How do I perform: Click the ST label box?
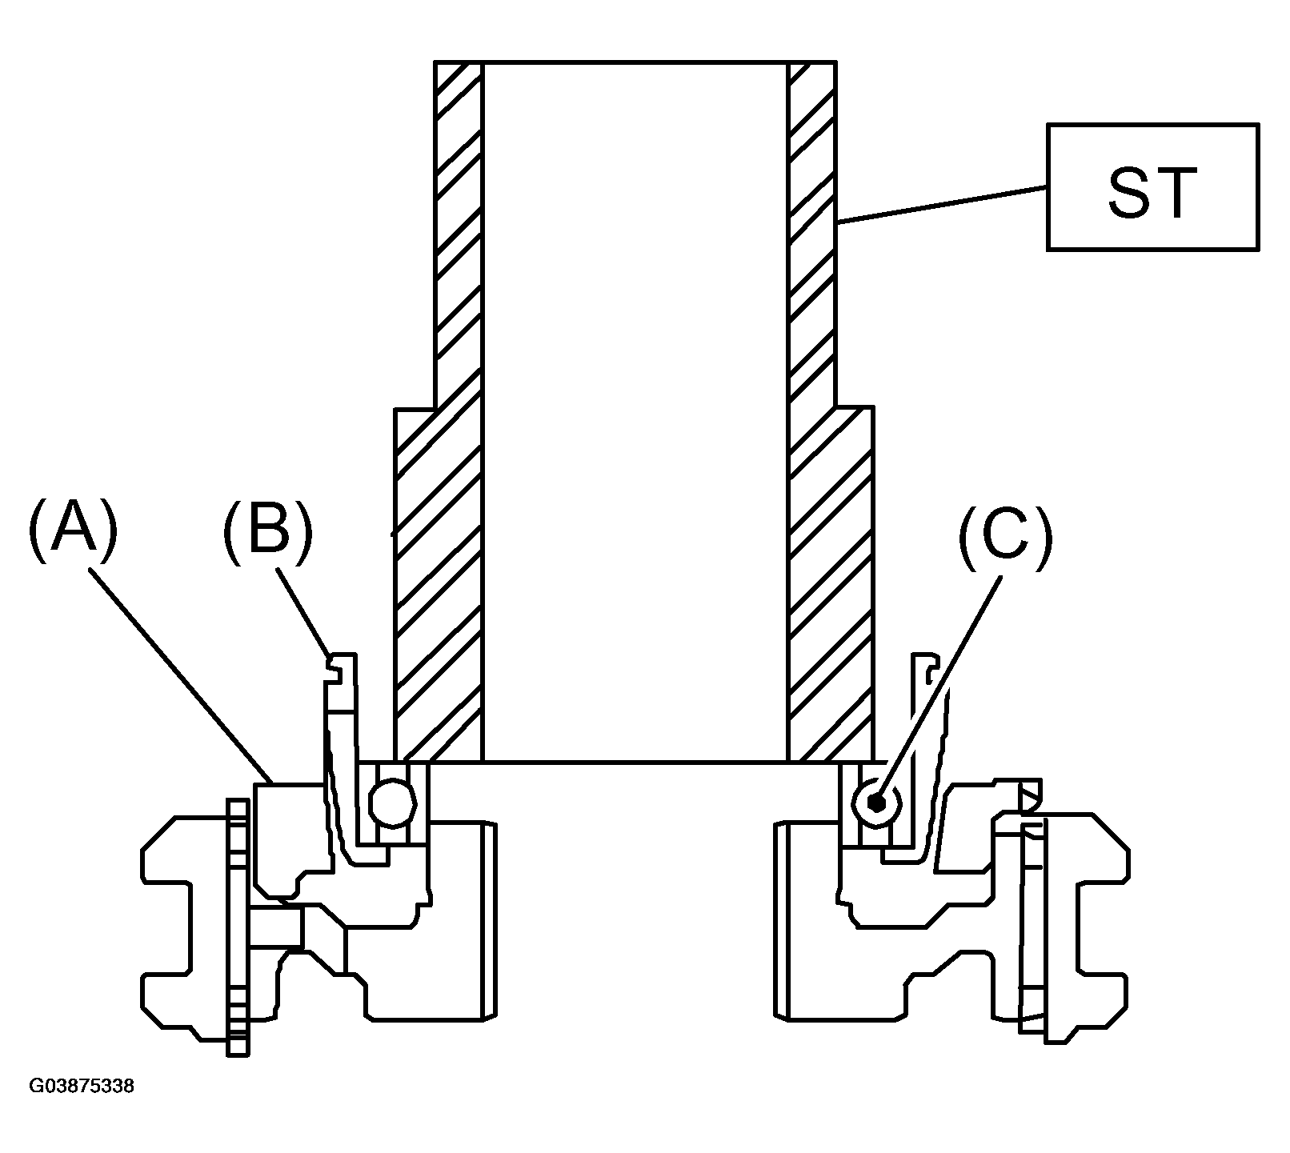1152,186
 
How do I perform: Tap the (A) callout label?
73,529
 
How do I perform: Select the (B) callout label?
268,529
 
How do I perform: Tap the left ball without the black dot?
392,803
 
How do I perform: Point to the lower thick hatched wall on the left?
439,584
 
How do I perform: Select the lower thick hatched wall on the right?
831,584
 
